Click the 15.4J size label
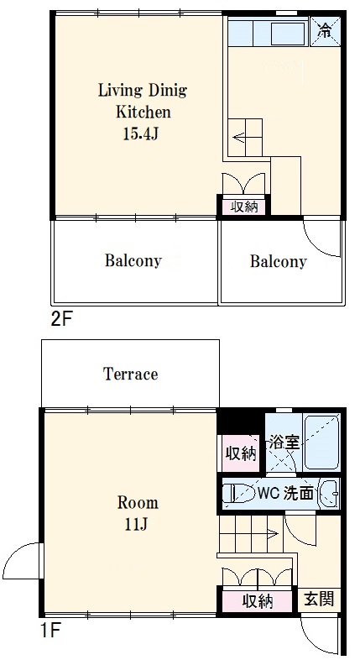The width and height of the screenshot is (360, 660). point(140,134)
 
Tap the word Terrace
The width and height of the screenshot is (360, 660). point(131,374)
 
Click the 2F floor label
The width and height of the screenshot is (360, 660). point(62,320)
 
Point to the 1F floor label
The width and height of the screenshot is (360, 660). point(50,631)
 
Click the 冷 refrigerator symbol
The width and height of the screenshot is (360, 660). point(325,30)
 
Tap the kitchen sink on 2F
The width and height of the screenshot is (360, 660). point(288,34)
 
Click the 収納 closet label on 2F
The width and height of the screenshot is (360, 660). point(244,207)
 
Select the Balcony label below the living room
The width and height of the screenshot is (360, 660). point(133,261)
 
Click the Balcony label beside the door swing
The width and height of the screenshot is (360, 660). point(278,262)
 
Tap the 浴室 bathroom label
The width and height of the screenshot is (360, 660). point(285,442)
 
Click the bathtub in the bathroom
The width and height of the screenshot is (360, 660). point(321,443)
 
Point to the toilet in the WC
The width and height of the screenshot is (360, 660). point(235,493)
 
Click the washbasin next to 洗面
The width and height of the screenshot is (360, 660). point(329,493)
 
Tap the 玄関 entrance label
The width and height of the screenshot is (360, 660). point(319,598)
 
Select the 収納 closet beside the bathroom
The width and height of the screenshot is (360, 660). point(241,453)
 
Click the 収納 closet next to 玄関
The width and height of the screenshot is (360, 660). point(258,602)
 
